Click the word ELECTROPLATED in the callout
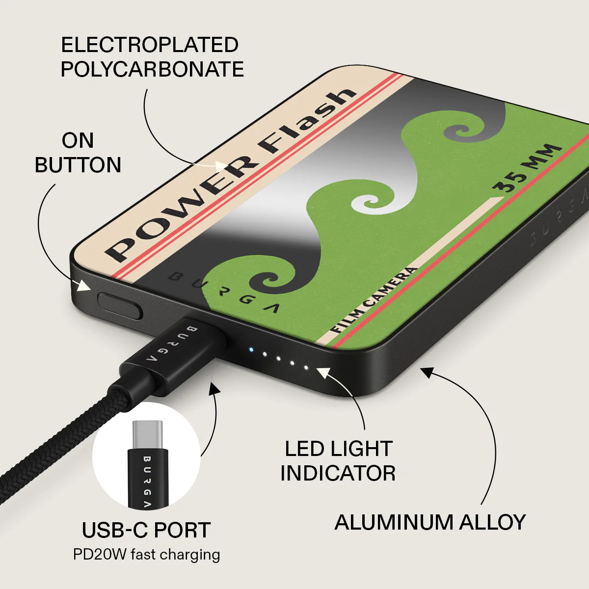click(x=150, y=45)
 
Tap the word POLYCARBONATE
click(x=152, y=69)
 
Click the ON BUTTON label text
click(x=78, y=153)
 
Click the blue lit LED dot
click(x=251, y=349)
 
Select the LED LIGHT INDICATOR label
click(x=338, y=461)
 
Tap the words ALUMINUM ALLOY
click(x=430, y=522)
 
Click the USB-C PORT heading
click(x=146, y=530)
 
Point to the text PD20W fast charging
click(x=146, y=555)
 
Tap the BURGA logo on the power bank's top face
click(x=223, y=292)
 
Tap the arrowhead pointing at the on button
click(x=84, y=285)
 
